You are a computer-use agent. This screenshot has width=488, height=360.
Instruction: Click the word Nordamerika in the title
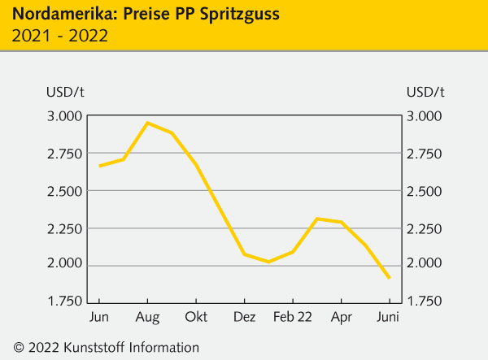coord(58,14)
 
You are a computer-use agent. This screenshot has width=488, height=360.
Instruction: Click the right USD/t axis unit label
coord(425,90)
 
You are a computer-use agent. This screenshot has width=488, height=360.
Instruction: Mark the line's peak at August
coord(147,123)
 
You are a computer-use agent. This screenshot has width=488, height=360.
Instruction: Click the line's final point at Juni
coord(389,278)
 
